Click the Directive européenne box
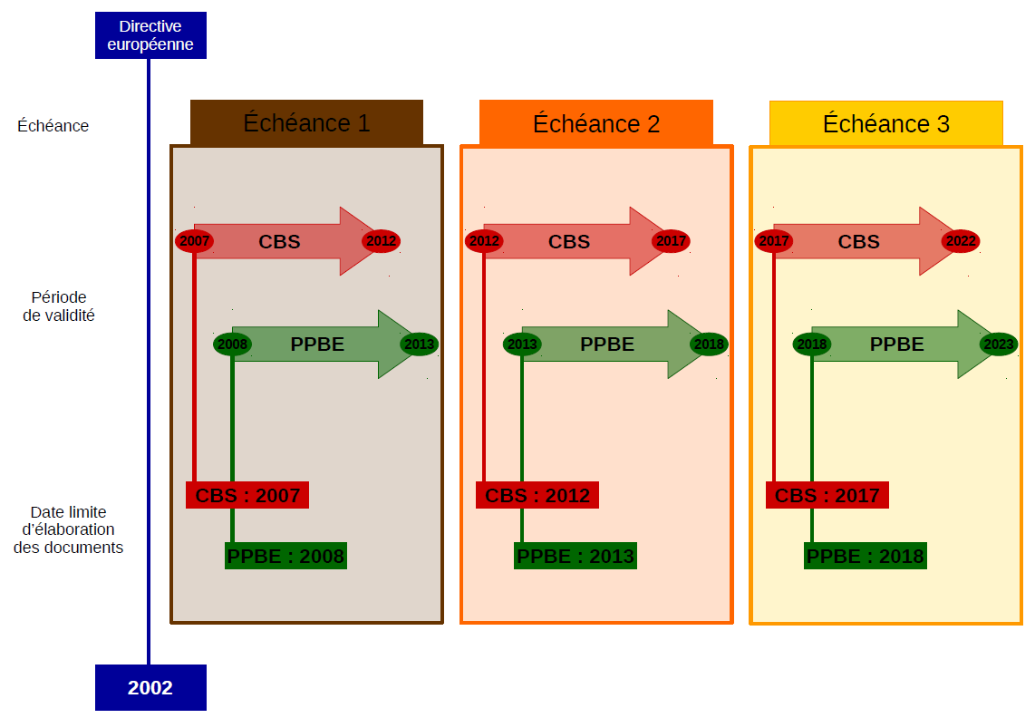(150, 35)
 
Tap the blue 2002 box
(150, 687)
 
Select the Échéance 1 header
(306, 123)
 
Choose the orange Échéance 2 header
(596, 123)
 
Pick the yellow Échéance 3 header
(885, 123)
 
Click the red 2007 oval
(194, 241)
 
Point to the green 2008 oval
(232, 344)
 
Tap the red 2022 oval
(961, 241)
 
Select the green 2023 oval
(999, 344)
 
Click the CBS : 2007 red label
(247, 495)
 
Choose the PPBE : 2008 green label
(285, 556)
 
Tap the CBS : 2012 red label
(537, 495)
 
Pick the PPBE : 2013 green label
(576, 556)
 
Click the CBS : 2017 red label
(827, 495)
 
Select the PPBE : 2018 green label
(866, 556)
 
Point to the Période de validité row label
(59, 306)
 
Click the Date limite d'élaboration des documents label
(68, 529)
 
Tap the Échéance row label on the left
(53, 125)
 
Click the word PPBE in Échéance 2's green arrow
(607, 344)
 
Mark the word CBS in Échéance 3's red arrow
(859, 242)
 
